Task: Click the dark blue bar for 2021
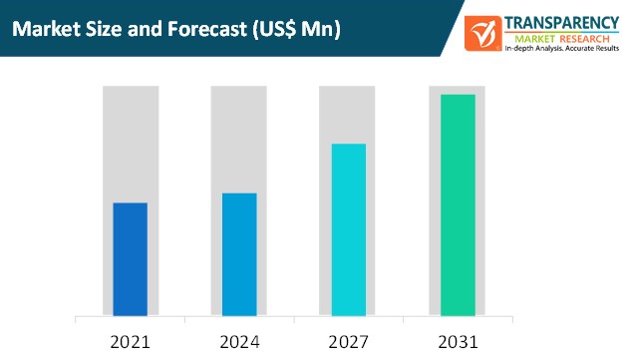coord(130,259)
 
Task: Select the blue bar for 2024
coord(239,254)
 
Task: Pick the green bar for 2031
coord(458,204)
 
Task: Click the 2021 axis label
coord(130,342)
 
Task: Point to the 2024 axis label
coord(239,342)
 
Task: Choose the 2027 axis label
coord(348,342)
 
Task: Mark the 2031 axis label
coord(458,342)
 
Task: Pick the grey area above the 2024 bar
coord(239,140)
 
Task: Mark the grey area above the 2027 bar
coord(348,115)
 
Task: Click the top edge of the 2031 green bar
coord(458,96)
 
